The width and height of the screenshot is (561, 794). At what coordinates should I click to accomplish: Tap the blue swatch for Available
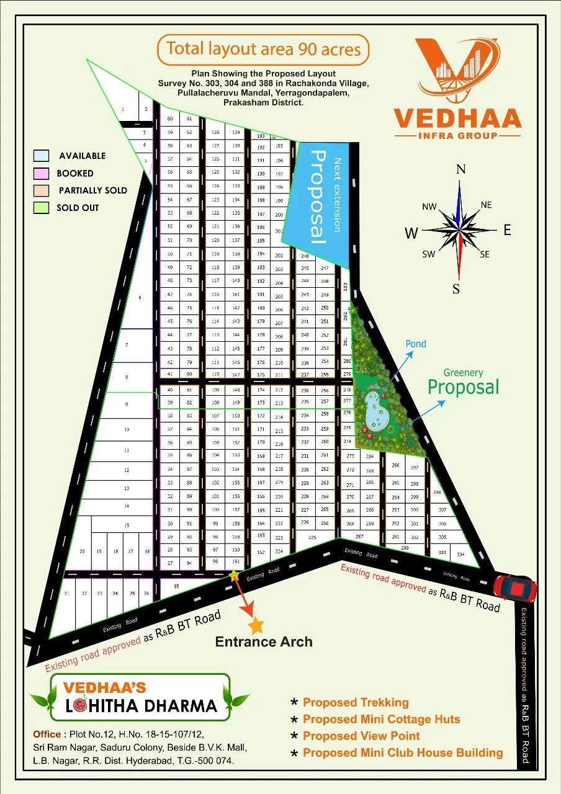(x=41, y=156)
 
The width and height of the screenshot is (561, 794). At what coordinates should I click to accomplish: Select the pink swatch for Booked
(x=41, y=173)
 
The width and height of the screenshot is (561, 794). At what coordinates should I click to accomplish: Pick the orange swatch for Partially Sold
(x=41, y=190)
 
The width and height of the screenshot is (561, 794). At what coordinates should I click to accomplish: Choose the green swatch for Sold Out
(x=41, y=208)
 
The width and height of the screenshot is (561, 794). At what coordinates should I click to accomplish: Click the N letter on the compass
(x=460, y=169)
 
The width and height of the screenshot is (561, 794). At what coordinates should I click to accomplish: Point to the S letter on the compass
(x=456, y=288)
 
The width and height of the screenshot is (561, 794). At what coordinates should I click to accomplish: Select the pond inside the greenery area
(x=376, y=410)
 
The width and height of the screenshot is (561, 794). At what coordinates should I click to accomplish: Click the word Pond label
(x=415, y=344)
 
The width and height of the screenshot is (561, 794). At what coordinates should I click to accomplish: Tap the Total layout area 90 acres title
(x=263, y=49)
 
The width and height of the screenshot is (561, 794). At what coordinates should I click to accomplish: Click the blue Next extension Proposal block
(x=320, y=198)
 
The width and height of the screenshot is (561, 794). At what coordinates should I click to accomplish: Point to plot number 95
(x=176, y=586)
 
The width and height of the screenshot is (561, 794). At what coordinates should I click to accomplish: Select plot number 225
(x=313, y=537)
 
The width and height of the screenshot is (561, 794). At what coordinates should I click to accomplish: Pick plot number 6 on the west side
(x=140, y=298)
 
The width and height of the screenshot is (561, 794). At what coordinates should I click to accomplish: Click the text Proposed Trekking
(x=356, y=702)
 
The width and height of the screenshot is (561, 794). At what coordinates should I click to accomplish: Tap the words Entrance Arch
(x=264, y=641)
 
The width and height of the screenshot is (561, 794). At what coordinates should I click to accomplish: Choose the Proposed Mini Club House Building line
(x=403, y=752)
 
